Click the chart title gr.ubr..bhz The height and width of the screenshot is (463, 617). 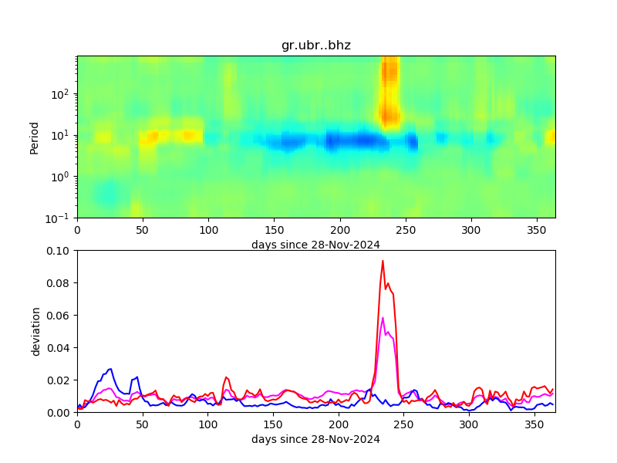point(316,46)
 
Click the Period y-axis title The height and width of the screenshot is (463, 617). point(34,137)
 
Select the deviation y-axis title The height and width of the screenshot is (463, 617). point(35,331)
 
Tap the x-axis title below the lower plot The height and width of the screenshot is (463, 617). point(315,439)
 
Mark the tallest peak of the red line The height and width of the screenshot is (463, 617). point(383,260)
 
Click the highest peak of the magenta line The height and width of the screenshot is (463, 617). point(383,317)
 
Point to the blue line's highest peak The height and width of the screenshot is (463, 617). point(111,369)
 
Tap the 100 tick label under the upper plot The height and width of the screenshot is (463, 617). point(208,230)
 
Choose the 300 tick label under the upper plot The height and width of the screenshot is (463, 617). point(470,230)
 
